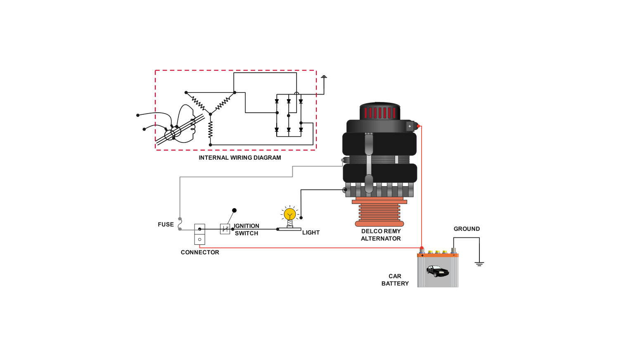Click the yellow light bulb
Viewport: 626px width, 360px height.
pyautogui.click(x=289, y=214)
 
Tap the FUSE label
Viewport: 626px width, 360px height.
pyautogui.click(x=166, y=225)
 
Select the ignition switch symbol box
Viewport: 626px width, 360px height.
pyautogui.click(x=225, y=229)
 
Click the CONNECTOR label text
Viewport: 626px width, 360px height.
pyautogui.click(x=200, y=252)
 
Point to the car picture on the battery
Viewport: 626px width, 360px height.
pyautogui.click(x=437, y=271)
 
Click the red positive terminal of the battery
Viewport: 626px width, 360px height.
pyautogui.click(x=422, y=249)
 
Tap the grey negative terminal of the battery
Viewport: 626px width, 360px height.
pyautogui.click(x=453, y=250)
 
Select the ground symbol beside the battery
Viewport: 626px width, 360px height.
pyautogui.click(x=479, y=263)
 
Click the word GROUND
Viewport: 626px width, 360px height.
pyautogui.click(x=467, y=229)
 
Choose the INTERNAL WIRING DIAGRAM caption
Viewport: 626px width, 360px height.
pyautogui.click(x=239, y=158)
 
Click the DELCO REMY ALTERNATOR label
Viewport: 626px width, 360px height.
pyautogui.click(x=381, y=235)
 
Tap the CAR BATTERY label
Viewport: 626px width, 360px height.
pyautogui.click(x=395, y=280)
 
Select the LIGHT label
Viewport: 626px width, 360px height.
pyautogui.click(x=311, y=232)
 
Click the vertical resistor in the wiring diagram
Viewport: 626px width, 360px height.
pyautogui.click(x=210, y=130)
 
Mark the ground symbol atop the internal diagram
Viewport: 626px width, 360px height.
pyautogui.click(x=324, y=77)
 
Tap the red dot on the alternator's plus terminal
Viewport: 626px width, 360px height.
pyautogui.click(x=418, y=126)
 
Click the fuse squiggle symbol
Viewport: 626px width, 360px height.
pyautogui.click(x=180, y=224)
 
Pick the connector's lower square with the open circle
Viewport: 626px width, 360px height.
pyautogui.click(x=199, y=239)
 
